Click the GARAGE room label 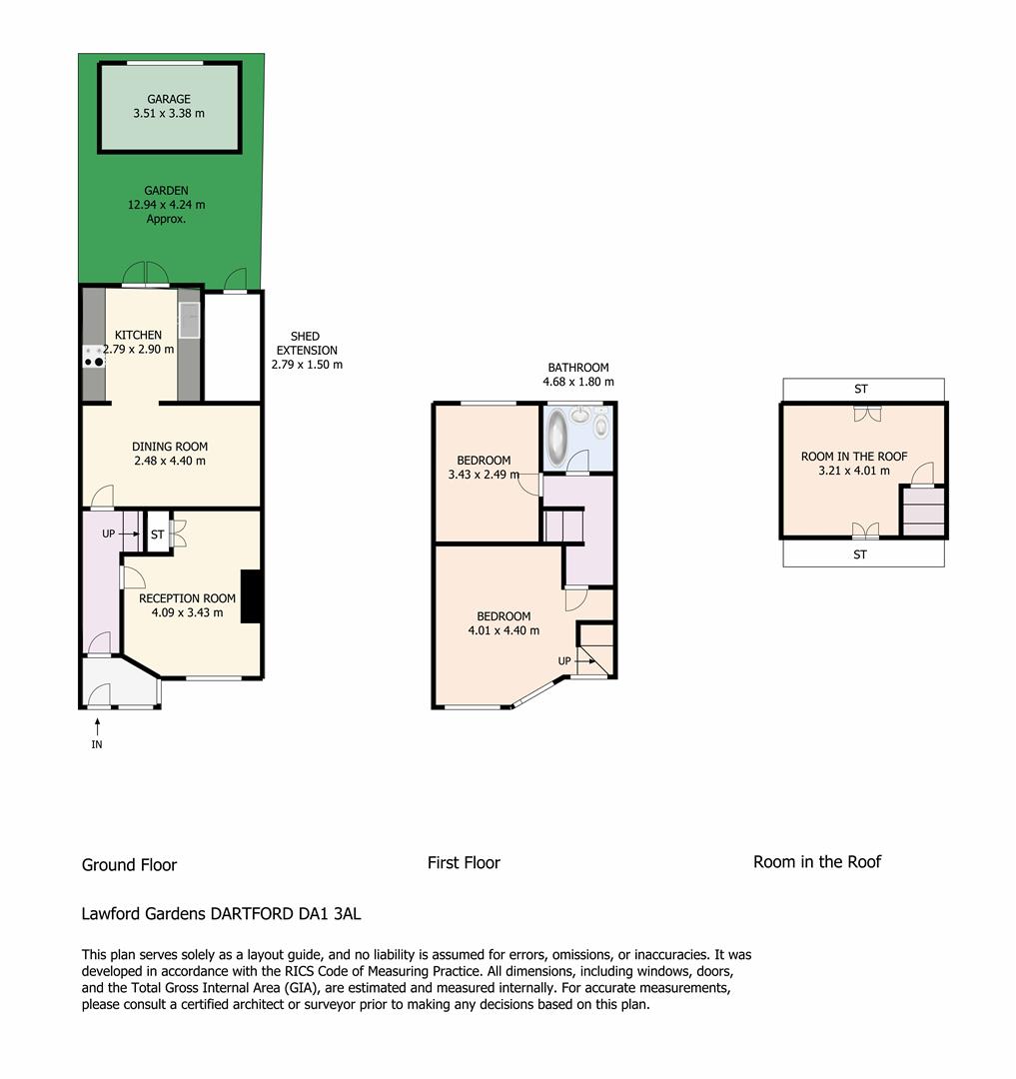point(169,99)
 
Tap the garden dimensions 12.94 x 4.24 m point(166,205)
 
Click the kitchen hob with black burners point(94,357)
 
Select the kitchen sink point(189,320)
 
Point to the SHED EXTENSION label point(307,343)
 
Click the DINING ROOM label point(170,447)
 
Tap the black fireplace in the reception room point(251,596)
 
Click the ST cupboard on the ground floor point(158,534)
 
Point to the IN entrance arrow point(97,726)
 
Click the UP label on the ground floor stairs point(109,534)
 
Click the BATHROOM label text point(578,368)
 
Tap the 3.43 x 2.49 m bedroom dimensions point(484,475)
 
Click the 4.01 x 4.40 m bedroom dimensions point(504,630)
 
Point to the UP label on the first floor point(564,660)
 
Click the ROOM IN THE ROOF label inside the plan point(854,457)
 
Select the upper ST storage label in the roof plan point(861,389)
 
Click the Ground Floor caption point(129,865)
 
